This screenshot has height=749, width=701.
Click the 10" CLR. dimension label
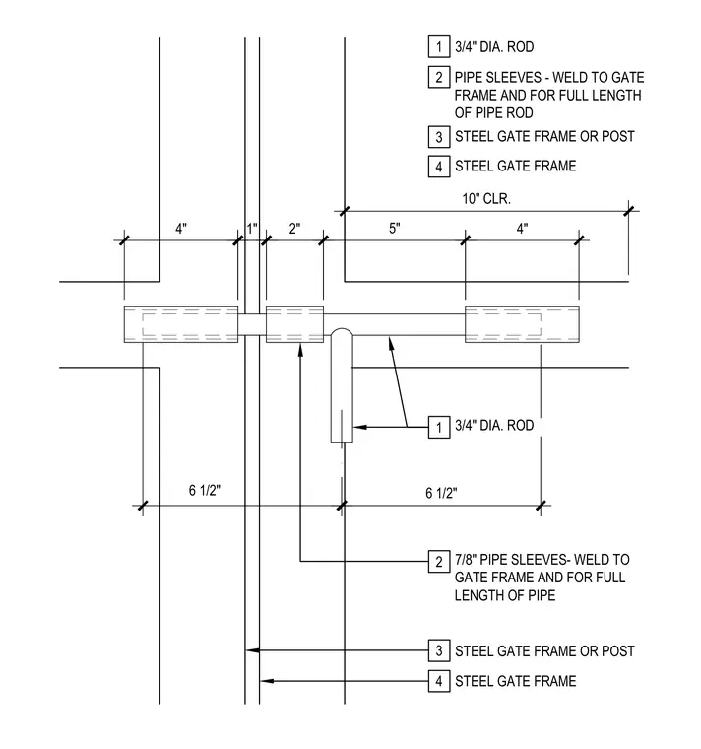486,199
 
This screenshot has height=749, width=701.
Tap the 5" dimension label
394,229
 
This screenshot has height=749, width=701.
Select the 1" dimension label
252,229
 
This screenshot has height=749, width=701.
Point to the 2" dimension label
294,229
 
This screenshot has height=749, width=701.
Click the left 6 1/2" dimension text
205,490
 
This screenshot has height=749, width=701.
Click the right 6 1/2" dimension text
441,493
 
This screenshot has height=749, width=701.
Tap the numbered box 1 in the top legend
439,47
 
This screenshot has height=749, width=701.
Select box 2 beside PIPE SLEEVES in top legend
439,77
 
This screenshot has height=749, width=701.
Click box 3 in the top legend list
439,137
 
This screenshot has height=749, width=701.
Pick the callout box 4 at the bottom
439,681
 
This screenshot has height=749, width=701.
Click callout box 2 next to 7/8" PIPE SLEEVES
439,562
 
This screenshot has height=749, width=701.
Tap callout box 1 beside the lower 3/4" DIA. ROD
439,427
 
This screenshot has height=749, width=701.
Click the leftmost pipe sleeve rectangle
181,324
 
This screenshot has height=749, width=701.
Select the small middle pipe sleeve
294,324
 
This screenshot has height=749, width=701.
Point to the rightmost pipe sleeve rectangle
522,324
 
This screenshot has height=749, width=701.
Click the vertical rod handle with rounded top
342,385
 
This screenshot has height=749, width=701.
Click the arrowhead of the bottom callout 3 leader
252,650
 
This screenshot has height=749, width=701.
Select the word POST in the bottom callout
618,651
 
